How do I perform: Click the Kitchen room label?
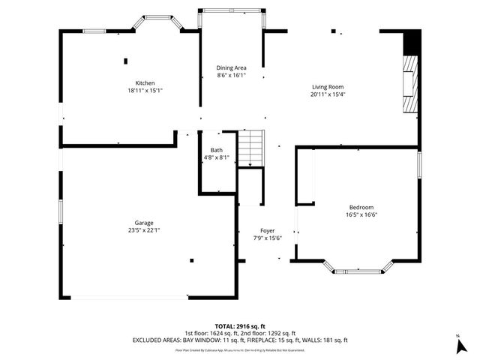click(145, 82)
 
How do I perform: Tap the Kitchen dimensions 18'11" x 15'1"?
click(145, 90)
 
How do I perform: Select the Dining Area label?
click(231, 67)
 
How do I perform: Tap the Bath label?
click(216, 150)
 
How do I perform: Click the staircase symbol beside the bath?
click(251, 148)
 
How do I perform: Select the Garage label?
click(144, 223)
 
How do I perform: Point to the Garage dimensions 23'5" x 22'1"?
click(144, 230)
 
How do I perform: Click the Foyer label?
click(267, 230)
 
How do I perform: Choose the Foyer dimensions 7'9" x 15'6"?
click(267, 238)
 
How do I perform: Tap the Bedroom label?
click(361, 207)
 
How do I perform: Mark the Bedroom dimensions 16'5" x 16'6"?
click(361, 214)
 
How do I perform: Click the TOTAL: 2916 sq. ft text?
click(240, 326)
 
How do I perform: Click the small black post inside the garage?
click(192, 260)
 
